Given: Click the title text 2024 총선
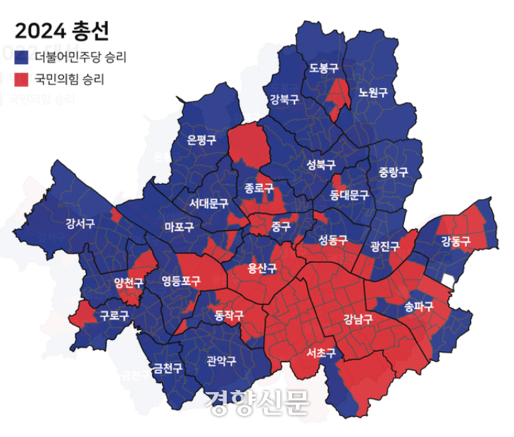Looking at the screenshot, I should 62,31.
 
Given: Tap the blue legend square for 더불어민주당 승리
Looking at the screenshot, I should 22,56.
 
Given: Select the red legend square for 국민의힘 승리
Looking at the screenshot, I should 22,78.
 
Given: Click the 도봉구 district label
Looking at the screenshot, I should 324,68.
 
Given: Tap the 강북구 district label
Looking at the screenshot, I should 284,99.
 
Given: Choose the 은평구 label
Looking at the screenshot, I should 201,139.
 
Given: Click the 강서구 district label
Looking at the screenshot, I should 80,224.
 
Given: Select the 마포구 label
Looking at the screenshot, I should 179,227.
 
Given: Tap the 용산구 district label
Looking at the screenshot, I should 263,268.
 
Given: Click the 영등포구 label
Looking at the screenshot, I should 181,281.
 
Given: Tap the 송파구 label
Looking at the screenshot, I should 419,306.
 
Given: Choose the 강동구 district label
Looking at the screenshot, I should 456,241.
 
